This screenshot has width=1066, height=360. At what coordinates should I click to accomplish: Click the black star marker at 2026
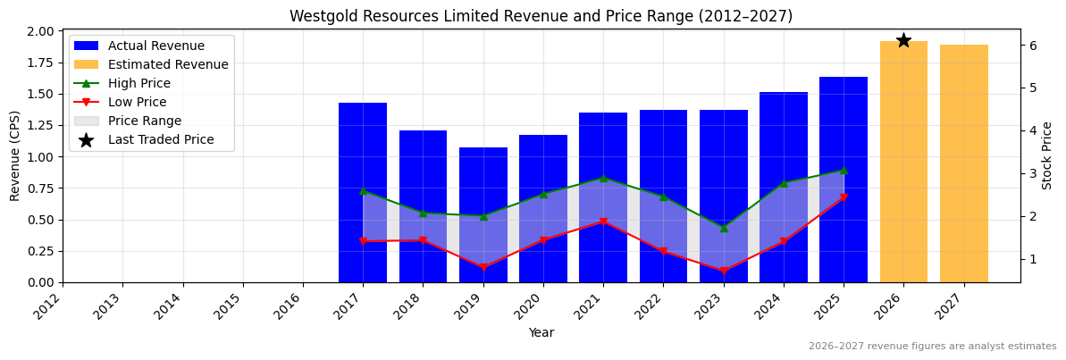tap(903, 40)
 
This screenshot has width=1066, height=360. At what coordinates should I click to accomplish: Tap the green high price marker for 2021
tap(603, 179)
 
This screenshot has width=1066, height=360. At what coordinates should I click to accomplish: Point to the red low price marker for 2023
tap(724, 271)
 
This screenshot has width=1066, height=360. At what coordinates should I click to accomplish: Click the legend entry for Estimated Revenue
tap(168, 64)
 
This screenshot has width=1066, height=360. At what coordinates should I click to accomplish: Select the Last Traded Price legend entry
tap(161, 139)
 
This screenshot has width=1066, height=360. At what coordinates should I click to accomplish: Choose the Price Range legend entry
tap(144, 121)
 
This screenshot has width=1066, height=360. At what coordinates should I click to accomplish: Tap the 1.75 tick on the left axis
tap(41, 63)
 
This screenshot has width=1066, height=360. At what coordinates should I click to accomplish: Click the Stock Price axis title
tap(1047, 155)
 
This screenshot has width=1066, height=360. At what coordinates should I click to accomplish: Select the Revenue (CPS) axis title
tap(15, 155)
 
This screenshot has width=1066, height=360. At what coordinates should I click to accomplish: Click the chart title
tap(541, 16)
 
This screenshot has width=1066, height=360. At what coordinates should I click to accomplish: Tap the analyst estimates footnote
tap(932, 347)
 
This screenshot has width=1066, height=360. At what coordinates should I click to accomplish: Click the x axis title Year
tap(541, 332)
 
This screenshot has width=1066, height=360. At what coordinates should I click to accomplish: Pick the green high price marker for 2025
tap(844, 170)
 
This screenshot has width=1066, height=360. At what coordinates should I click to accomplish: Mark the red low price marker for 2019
tap(483, 267)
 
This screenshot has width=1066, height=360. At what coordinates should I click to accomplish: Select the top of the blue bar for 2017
tap(363, 104)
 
